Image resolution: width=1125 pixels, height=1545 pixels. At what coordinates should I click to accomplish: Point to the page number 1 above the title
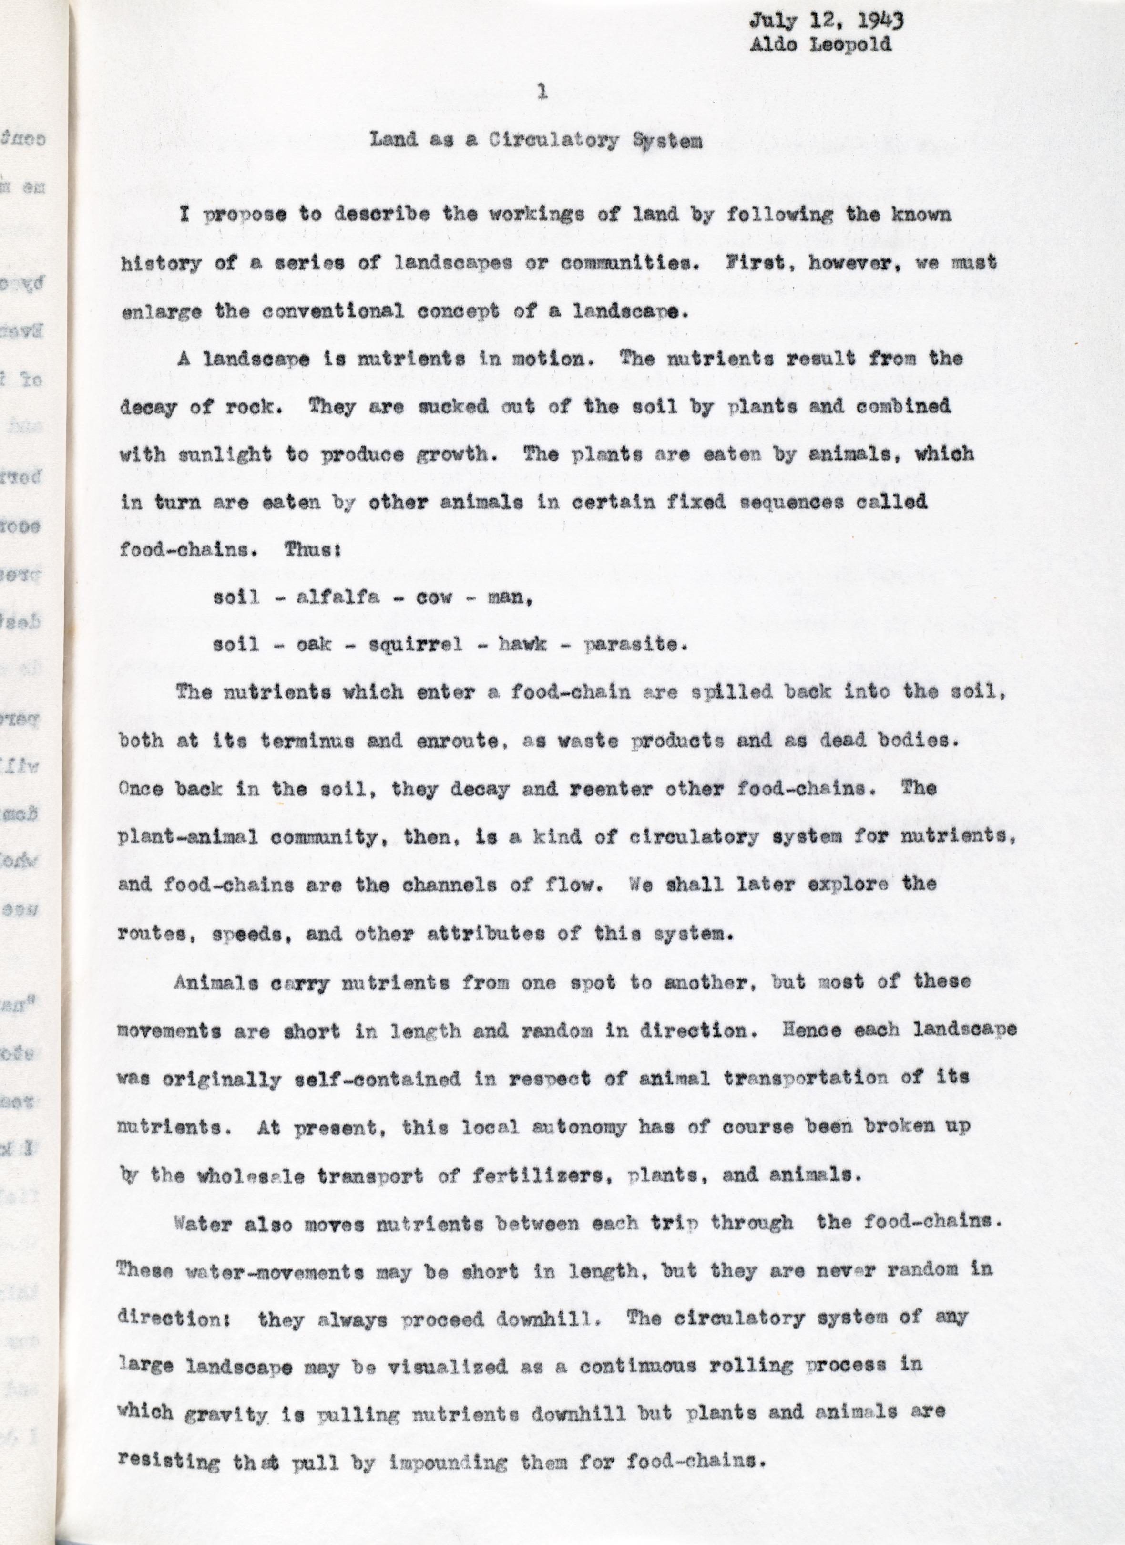coord(542,92)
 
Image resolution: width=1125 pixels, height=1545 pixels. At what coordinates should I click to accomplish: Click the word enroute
coord(440,741)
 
